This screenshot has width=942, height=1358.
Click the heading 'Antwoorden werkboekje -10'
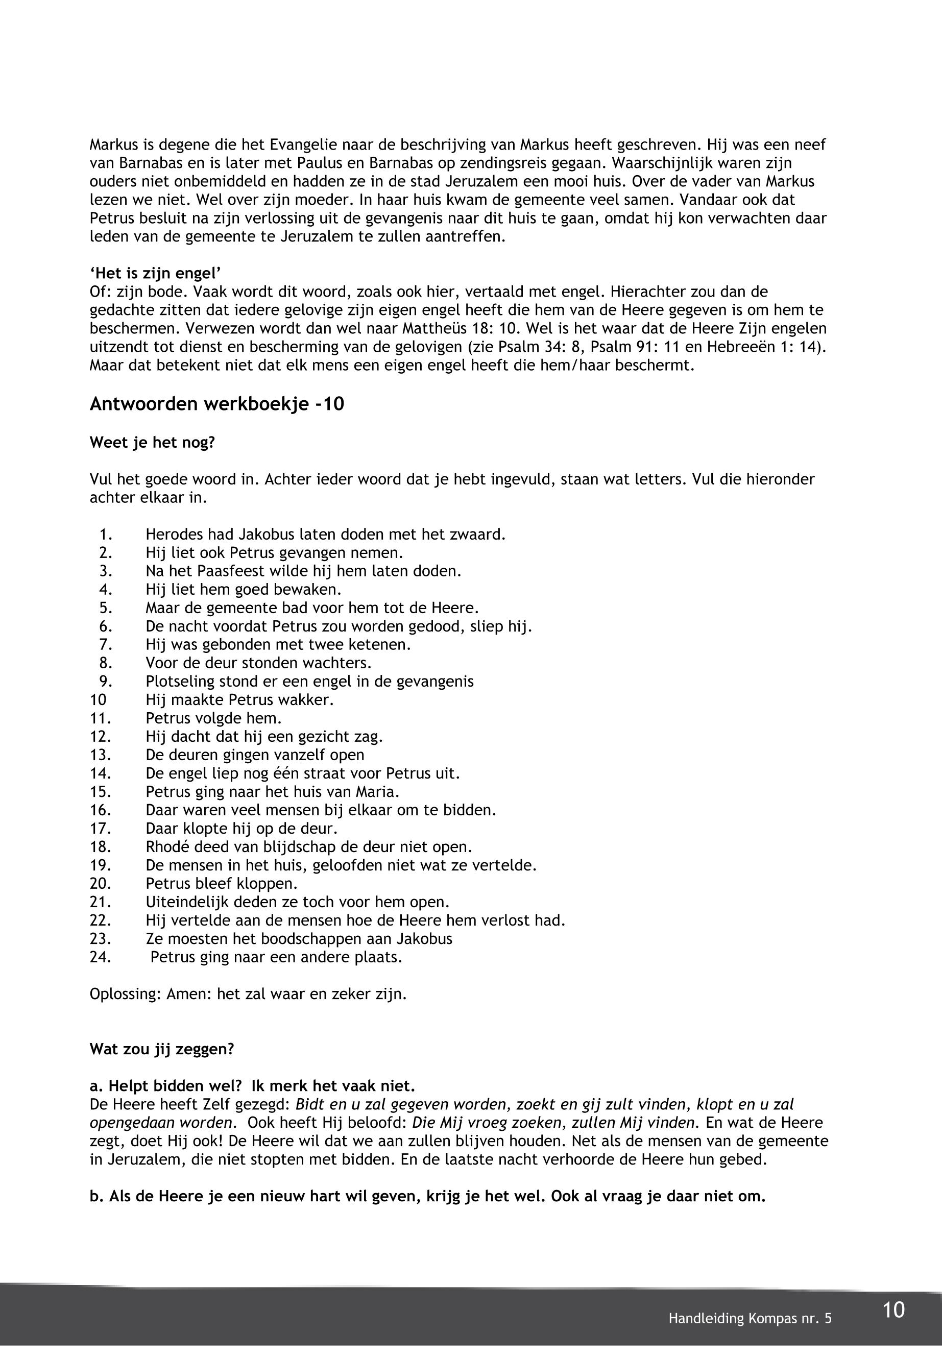click(x=216, y=404)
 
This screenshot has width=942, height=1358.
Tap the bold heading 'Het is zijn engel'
click(x=155, y=273)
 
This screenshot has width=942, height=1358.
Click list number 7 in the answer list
click(x=106, y=644)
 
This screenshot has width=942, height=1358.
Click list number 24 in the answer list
click(x=101, y=957)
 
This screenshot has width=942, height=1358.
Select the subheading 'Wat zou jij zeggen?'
click(x=162, y=1049)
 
